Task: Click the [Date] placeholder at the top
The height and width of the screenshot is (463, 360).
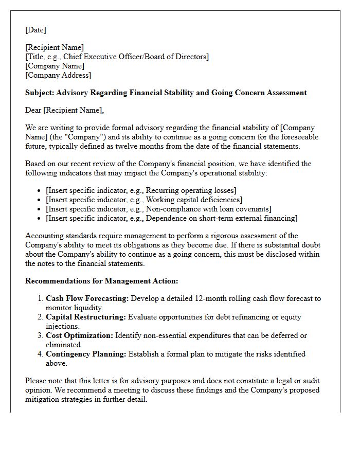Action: click(35, 30)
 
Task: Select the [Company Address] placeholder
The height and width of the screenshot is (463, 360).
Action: click(58, 75)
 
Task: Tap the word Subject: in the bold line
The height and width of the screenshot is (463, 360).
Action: click(40, 93)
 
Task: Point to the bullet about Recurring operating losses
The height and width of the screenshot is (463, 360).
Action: click(141, 190)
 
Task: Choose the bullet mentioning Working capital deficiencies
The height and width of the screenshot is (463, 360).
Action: click(144, 200)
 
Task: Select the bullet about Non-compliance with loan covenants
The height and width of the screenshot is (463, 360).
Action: click(158, 209)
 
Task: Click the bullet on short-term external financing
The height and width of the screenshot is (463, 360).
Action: click(171, 218)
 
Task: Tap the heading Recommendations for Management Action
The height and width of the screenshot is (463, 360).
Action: click(102, 281)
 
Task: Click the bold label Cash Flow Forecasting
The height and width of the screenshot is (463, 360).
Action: click(87, 298)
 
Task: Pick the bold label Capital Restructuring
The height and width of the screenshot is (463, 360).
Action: click(85, 317)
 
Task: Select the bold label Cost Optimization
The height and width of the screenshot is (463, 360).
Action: click(79, 335)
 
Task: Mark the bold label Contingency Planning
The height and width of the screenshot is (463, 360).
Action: click(86, 354)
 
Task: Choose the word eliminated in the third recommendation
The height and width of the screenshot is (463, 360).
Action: click(64, 345)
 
